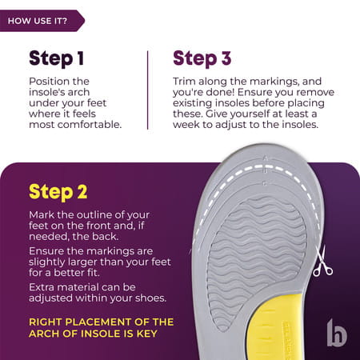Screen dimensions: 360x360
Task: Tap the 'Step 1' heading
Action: pos(56,58)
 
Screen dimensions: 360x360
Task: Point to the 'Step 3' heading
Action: pos(202,58)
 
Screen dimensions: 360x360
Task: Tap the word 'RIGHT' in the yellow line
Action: pos(48,322)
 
